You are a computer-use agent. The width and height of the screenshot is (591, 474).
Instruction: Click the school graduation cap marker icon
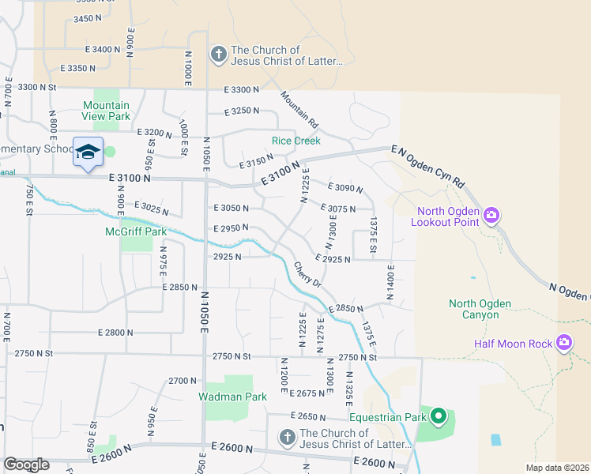(x=88, y=151)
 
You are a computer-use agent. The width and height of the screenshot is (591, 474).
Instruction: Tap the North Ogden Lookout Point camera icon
(x=491, y=215)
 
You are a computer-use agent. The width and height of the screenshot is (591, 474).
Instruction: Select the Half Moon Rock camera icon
(x=564, y=343)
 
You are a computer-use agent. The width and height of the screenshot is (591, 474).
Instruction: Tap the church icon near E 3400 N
(x=218, y=55)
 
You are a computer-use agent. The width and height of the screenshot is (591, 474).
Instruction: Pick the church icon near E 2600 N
(x=287, y=438)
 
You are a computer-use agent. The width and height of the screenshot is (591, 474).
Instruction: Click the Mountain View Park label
(x=107, y=111)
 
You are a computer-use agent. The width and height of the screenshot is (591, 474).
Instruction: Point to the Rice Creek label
(x=296, y=141)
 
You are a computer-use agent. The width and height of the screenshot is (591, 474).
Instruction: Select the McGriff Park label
(x=136, y=232)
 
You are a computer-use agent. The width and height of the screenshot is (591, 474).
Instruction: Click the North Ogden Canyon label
(x=480, y=309)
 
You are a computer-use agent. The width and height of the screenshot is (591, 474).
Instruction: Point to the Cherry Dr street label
(x=308, y=275)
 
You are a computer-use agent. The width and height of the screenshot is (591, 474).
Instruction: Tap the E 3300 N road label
(x=241, y=90)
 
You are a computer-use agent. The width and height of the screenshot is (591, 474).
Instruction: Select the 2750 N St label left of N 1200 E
(x=231, y=356)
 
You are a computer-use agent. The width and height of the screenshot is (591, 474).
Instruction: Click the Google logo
(x=26, y=465)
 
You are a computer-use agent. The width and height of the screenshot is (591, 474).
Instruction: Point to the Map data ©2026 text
(x=557, y=468)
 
